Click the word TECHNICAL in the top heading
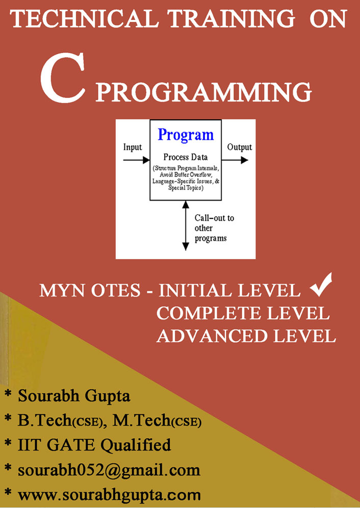(84, 19)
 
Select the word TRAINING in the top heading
(232, 19)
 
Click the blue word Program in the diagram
(186, 135)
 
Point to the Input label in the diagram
(133, 147)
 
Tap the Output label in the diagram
(240, 147)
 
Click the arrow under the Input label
(137, 160)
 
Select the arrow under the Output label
(235, 160)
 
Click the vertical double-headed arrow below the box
(186, 225)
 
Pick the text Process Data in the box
(185, 158)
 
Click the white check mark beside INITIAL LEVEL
(321, 285)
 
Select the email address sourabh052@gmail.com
(109, 470)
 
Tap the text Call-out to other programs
(214, 228)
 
